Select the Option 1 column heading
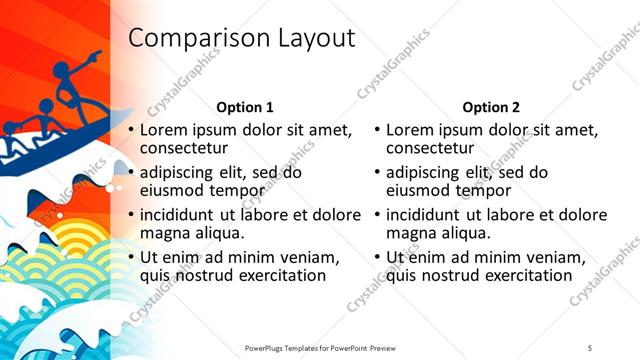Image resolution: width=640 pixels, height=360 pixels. pyautogui.click(x=245, y=107)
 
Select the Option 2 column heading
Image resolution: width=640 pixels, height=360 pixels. pyautogui.click(x=490, y=107)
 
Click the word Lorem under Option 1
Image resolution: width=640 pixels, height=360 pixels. pyautogui.click(x=163, y=130)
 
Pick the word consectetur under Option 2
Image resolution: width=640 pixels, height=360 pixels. pyautogui.click(x=431, y=149)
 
